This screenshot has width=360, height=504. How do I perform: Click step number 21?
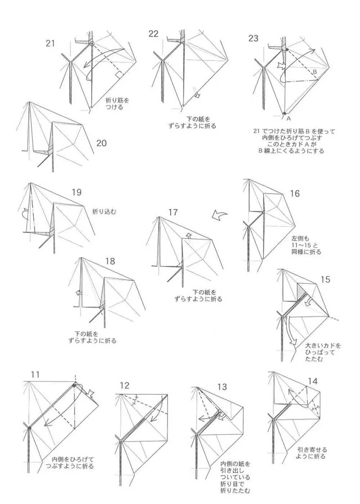(x=50, y=43)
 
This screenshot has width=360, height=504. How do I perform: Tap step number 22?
(x=153, y=34)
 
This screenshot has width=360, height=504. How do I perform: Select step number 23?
(x=253, y=38)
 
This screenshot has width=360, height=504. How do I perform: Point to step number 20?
(x=102, y=143)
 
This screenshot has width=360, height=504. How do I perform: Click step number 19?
(x=76, y=192)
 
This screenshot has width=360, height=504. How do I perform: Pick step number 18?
(x=110, y=261)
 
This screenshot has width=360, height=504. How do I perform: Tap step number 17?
(x=173, y=212)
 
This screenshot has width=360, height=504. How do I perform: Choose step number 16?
(x=294, y=193)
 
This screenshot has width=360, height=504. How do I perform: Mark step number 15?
(x=325, y=279)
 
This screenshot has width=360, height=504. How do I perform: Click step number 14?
(x=313, y=381)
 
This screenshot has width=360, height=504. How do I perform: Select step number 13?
(x=222, y=387)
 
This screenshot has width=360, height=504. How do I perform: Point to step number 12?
(x=124, y=385)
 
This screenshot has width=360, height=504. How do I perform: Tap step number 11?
(x=35, y=375)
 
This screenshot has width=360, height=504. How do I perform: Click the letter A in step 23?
(x=288, y=118)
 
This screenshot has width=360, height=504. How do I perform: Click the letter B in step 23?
(x=314, y=72)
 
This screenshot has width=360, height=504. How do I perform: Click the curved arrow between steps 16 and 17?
(x=219, y=215)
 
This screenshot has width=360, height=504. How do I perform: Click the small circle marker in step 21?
(x=92, y=44)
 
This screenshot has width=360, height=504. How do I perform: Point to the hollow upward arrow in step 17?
(x=188, y=236)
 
